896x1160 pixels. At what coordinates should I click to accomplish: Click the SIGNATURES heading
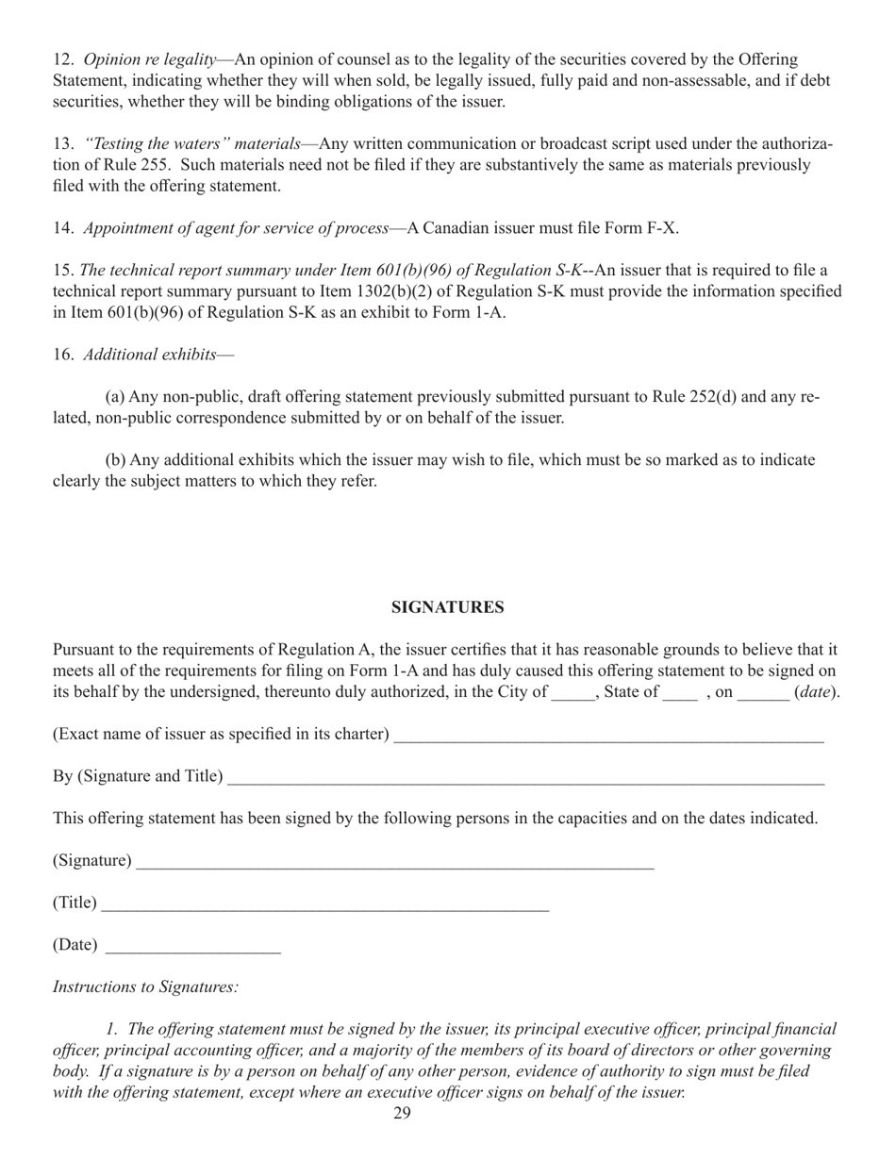click(447, 608)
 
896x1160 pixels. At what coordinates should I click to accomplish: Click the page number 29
click(402, 1115)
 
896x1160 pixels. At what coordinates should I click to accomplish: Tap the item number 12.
click(62, 59)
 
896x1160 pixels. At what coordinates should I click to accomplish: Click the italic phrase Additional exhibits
click(149, 355)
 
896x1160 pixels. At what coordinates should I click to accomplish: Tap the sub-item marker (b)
click(116, 460)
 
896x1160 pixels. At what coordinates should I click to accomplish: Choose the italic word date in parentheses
click(816, 692)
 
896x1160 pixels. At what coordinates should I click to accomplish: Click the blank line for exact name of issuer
click(608, 737)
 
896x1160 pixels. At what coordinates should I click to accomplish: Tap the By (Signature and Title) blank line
click(525, 779)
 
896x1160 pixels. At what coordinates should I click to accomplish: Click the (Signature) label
click(92, 861)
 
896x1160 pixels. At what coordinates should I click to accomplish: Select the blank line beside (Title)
click(324, 905)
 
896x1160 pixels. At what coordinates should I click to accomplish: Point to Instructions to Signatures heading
click(145, 987)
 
